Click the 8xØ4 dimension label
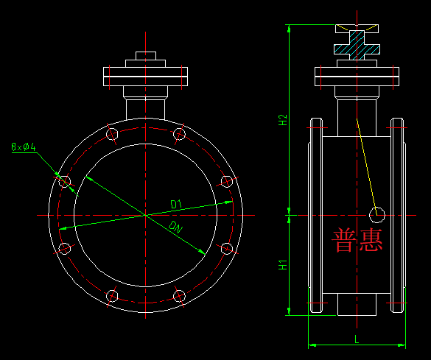click(24, 147)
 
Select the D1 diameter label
click(176, 203)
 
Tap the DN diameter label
click(176, 226)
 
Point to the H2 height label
click(283, 121)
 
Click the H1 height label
click(283, 264)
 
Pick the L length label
click(357, 339)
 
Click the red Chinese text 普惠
click(358, 241)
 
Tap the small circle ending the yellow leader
click(378, 214)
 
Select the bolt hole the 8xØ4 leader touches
click(65, 181)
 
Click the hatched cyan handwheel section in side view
click(357, 49)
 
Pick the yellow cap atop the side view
click(357, 29)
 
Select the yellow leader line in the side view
click(366, 166)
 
